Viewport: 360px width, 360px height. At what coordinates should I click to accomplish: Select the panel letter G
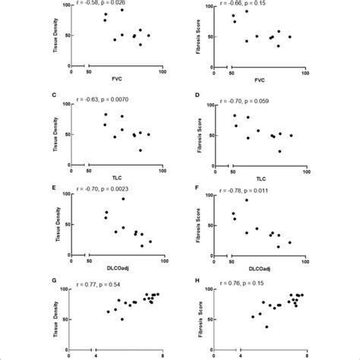click(59, 279)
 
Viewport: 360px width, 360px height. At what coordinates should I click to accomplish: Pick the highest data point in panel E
click(123, 199)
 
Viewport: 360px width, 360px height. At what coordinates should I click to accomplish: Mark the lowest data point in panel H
click(267, 327)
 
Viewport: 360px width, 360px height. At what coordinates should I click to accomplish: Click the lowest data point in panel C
click(140, 150)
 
